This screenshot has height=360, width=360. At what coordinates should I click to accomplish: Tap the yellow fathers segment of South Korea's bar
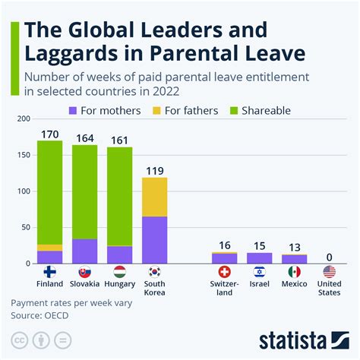[x=155, y=197]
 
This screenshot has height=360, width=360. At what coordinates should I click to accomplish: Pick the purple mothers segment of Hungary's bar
[x=119, y=254]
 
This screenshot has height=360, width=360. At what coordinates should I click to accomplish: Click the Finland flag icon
[x=49, y=271]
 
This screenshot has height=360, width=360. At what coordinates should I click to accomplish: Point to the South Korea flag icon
[x=155, y=271]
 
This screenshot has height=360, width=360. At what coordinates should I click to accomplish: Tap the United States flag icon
[x=329, y=271]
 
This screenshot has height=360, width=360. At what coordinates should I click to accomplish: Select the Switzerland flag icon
[x=224, y=271]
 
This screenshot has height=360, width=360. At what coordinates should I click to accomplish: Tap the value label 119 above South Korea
[x=155, y=170]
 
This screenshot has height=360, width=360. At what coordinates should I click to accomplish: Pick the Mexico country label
[x=294, y=285]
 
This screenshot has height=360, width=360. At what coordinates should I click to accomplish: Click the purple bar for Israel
[x=259, y=258]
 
